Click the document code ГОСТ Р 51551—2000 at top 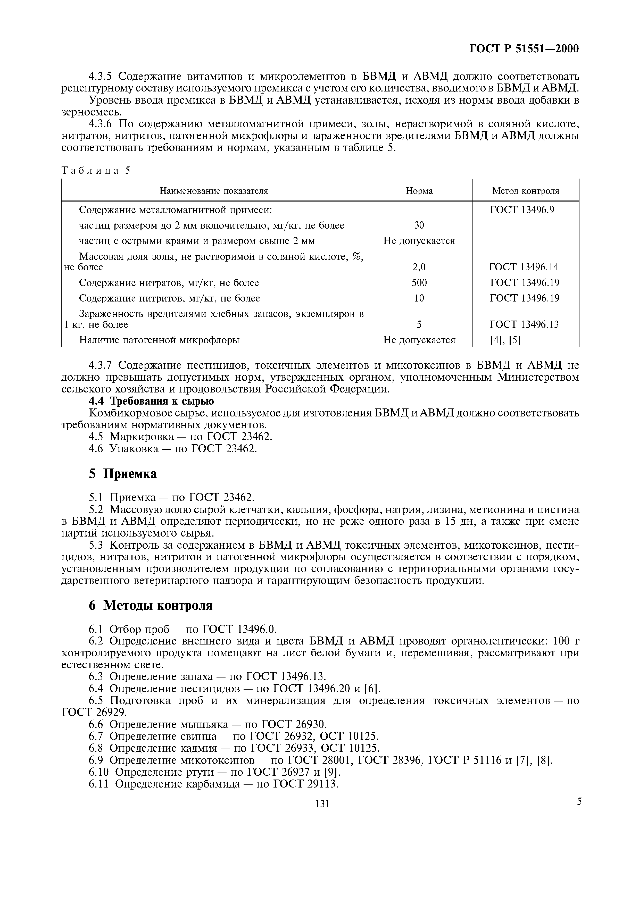tap(524, 49)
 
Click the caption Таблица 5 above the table tap(96, 171)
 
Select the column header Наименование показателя tap(213, 191)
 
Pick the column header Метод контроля tap(525, 191)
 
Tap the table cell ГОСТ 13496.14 tap(524, 267)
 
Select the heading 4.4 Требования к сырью tap(151, 401)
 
